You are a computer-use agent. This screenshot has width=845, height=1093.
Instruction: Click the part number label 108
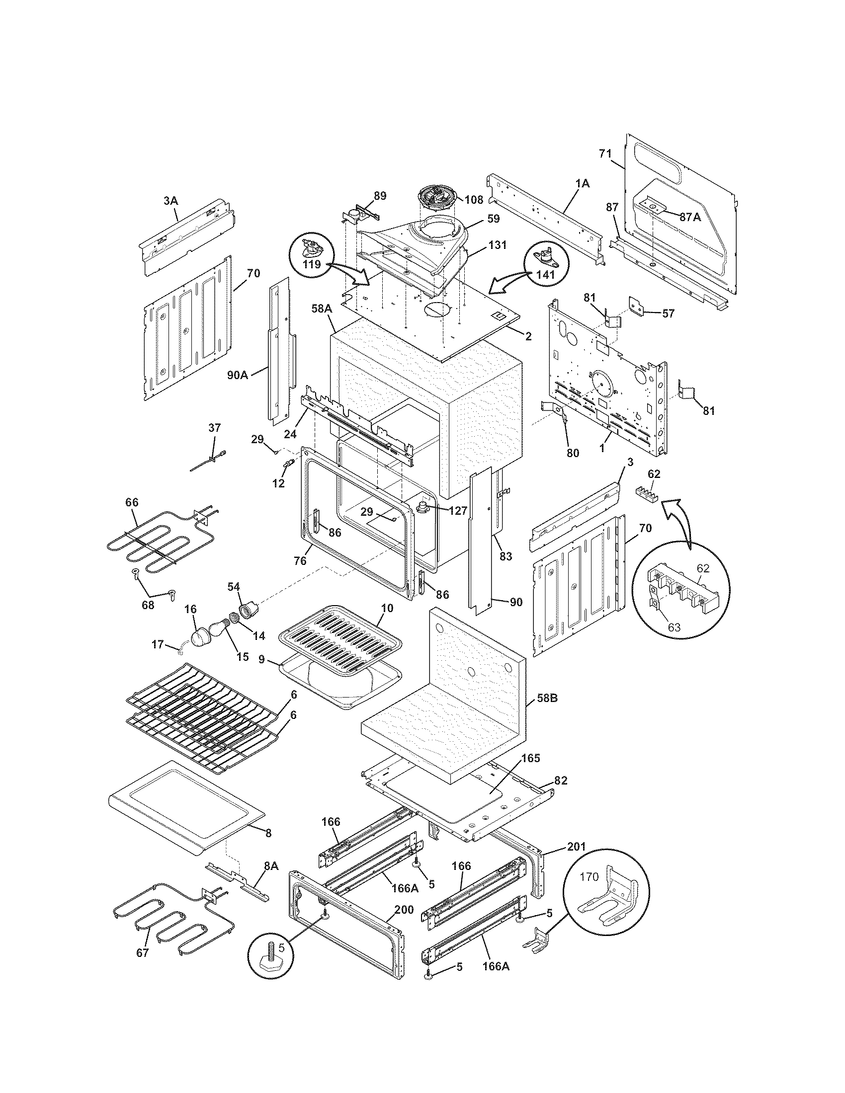[474, 200]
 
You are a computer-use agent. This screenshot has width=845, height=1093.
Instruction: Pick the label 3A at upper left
[170, 201]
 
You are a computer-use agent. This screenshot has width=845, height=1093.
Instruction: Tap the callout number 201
[577, 846]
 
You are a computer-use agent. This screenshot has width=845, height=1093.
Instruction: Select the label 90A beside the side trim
[237, 374]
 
